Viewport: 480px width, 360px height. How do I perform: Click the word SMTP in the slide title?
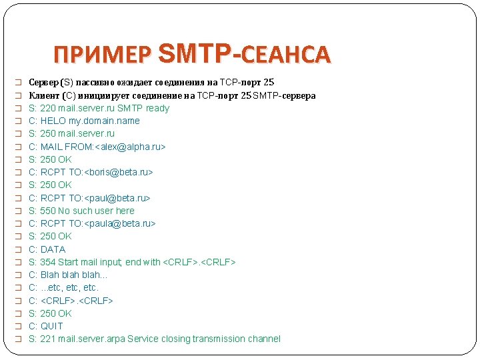click(198, 53)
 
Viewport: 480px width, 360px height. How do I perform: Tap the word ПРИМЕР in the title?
click(103, 54)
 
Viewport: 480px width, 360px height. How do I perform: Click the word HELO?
click(53, 121)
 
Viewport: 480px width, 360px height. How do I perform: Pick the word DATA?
click(53, 249)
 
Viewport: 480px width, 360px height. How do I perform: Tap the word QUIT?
click(52, 326)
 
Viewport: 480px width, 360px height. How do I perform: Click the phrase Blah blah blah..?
click(72, 275)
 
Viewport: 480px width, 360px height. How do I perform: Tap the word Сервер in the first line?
click(43, 83)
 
